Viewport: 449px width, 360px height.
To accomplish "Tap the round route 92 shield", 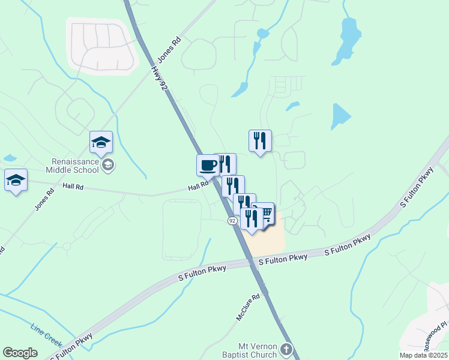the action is point(232,221).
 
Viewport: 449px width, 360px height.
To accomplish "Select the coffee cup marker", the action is point(208,165).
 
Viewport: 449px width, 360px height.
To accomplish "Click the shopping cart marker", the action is point(265,212).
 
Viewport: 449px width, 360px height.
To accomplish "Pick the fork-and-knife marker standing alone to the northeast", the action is point(260,141).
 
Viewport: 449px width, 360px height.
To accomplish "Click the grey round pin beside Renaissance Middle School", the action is point(108,165).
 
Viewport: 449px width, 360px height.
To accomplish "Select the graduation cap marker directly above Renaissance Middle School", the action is point(101,142).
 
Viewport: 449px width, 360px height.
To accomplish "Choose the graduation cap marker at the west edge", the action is point(16,180).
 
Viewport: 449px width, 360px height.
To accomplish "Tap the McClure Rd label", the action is point(247,306).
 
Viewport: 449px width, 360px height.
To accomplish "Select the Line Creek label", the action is point(46,335).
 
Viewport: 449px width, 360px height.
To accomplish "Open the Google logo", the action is point(20,353).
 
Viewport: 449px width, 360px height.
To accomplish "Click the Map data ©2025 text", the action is point(423,355).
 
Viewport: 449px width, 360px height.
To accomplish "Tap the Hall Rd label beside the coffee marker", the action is point(197,187).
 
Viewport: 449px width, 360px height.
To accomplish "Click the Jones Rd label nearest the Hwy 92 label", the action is point(169,51).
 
